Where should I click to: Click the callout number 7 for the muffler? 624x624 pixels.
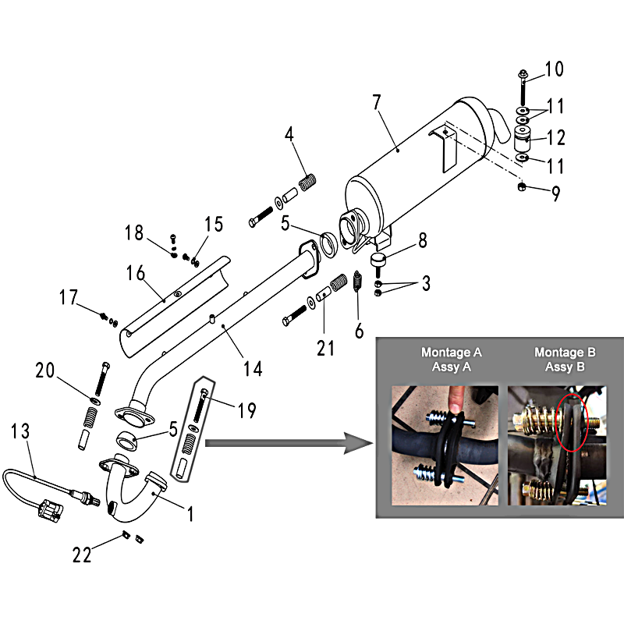click(377, 102)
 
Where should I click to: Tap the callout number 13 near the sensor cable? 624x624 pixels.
click(20, 431)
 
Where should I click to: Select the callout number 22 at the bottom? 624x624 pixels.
click(82, 555)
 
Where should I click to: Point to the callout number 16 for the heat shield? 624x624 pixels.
click(136, 274)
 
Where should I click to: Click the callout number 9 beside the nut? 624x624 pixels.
click(556, 193)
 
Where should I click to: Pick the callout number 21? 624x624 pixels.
click(325, 348)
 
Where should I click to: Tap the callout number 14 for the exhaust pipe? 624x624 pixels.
click(253, 369)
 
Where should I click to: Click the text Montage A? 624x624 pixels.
click(452, 353)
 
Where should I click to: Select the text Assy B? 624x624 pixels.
click(565, 367)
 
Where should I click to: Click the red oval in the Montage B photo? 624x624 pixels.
click(572, 423)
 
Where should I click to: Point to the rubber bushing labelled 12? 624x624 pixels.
click(523, 138)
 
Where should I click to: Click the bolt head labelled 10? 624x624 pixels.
click(523, 73)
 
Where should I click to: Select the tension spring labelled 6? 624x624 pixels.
click(357, 281)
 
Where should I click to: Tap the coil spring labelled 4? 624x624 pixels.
click(307, 183)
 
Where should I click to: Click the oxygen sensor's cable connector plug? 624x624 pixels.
click(51, 510)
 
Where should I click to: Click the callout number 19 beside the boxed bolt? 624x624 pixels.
click(246, 410)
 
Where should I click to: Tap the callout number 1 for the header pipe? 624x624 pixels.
click(190, 514)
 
